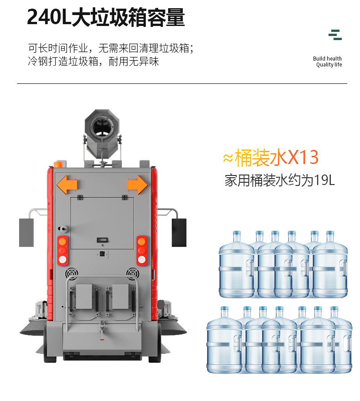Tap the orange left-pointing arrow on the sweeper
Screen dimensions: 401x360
tap(67, 185)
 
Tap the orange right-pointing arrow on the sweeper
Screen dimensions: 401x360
tap(137, 185)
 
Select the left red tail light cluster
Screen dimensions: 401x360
tap(62, 251)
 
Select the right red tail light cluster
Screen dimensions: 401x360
tap(142, 251)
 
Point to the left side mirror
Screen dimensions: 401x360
tap(26, 232)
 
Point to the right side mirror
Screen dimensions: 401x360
tap(179, 232)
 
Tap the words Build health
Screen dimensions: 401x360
tap(327, 59)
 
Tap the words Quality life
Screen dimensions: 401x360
tap(329, 65)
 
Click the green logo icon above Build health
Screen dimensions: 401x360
tap(335, 35)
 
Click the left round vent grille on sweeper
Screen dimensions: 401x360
tap(72, 273)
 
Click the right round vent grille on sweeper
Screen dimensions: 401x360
tap(133, 273)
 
